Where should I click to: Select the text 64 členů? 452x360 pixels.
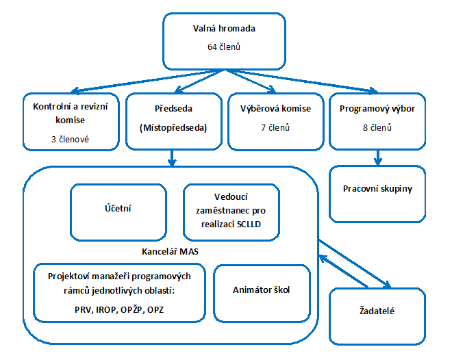pyautogui.click(x=225, y=48)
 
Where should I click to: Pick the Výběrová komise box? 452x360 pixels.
pyautogui.click(x=275, y=121)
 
